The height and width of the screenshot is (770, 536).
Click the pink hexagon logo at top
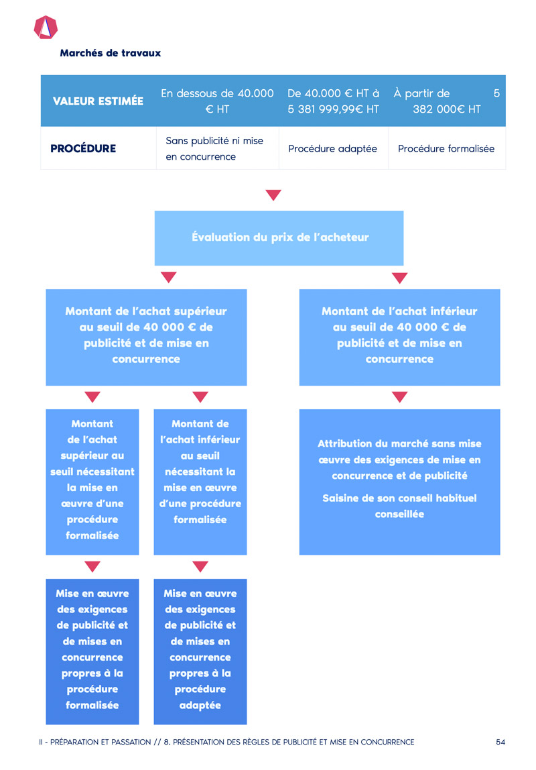pyautogui.click(x=46, y=27)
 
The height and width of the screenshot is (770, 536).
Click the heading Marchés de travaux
pyautogui.click(x=111, y=53)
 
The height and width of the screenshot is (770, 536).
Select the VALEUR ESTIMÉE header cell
pyautogui.click(x=98, y=101)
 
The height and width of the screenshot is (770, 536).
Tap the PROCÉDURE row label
pyautogui.click(x=83, y=148)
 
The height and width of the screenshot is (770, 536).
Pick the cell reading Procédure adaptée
pyautogui.click(x=333, y=148)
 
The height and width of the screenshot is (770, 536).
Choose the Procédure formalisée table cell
pyautogui.click(x=446, y=148)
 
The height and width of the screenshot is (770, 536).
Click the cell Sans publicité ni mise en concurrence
pyautogui.click(x=217, y=148)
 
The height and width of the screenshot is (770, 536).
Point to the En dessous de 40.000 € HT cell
pyautogui.click(x=217, y=101)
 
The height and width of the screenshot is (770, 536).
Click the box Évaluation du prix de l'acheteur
pyautogui.click(x=279, y=238)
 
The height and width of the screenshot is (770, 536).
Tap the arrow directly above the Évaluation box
pyautogui.click(x=273, y=195)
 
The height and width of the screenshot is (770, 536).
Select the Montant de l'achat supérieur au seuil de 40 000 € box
pyautogui.click(x=146, y=337)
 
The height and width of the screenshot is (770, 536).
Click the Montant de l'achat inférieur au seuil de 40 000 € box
pyautogui.click(x=400, y=337)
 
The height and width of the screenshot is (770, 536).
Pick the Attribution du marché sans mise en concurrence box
pyautogui.click(x=400, y=482)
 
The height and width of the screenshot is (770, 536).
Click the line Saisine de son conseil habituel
pyautogui.click(x=400, y=498)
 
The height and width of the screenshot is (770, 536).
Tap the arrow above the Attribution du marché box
pyautogui.click(x=400, y=397)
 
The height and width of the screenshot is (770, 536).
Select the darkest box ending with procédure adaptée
pyautogui.click(x=200, y=652)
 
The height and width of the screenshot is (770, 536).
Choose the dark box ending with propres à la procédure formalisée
pyautogui.click(x=92, y=652)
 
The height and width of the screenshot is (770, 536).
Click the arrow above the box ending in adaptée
pyautogui.click(x=200, y=567)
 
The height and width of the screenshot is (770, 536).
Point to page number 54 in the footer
pyautogui.click(x=500, y=742)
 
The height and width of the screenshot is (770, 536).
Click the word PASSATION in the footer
pyautogui.click(x=131, y=742)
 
